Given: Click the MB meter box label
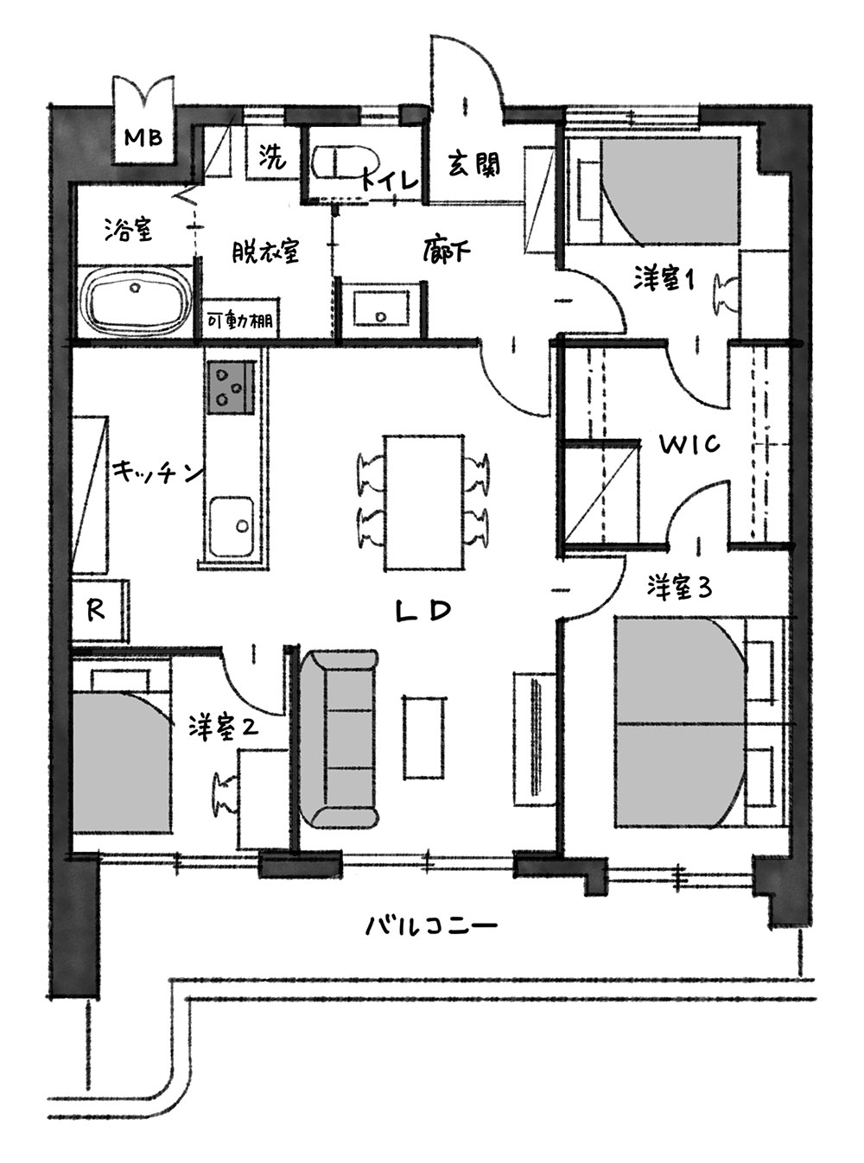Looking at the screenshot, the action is pos(143,138).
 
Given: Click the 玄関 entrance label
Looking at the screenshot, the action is pos(474,165).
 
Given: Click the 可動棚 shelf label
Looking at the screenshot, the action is pos(239,320).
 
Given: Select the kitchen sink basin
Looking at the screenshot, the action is pos(232,526).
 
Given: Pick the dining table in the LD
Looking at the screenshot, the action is pos(424,503).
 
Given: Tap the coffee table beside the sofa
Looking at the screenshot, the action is pos(424,737).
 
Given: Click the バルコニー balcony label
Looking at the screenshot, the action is pos(431,926).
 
